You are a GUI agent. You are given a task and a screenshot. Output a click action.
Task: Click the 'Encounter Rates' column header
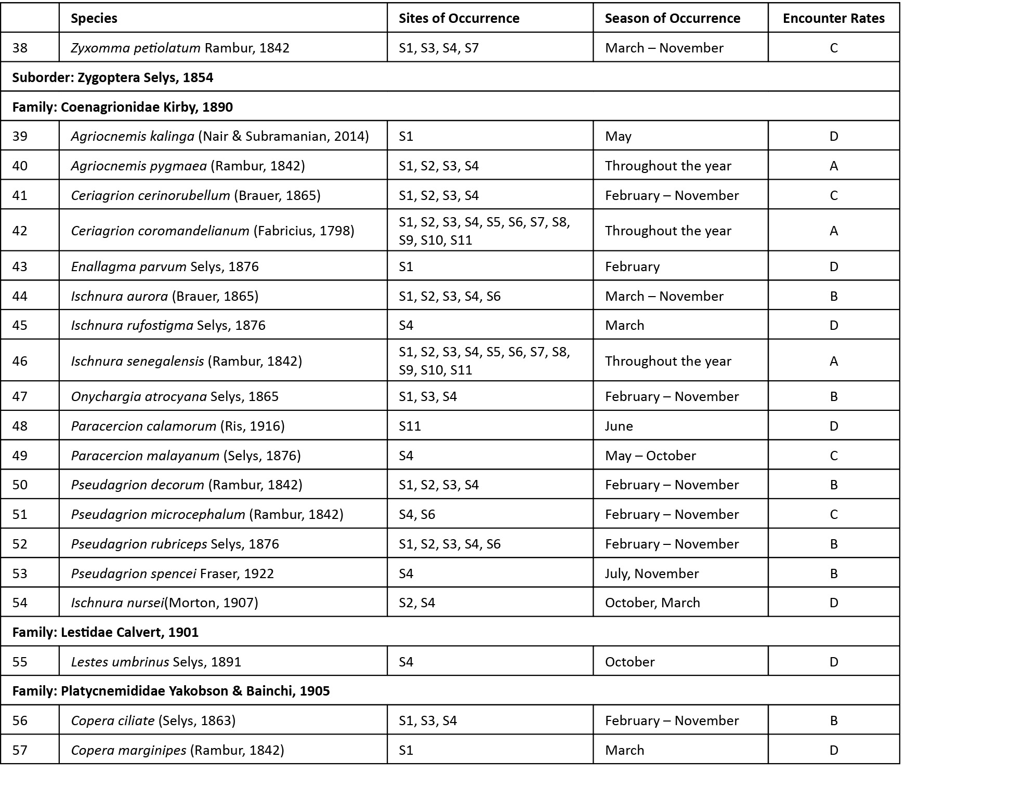833,18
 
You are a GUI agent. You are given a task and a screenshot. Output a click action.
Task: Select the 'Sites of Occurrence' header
458,18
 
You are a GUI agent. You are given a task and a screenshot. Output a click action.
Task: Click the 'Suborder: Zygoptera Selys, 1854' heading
113,77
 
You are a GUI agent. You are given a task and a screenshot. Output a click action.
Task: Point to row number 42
20,231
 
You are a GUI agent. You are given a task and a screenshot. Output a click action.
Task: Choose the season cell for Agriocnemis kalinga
618,136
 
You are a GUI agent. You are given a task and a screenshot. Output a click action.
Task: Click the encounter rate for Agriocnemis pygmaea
833,166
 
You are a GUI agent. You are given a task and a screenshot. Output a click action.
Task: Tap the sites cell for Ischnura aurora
450,296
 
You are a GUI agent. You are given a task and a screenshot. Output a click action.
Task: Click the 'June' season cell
619,426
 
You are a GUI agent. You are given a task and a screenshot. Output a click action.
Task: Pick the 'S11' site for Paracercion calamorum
410,426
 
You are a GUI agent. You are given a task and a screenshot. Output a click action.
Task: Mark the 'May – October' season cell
650,456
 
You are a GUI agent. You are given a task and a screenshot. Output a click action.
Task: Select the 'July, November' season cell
651,573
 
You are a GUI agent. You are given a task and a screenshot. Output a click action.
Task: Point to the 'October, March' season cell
652,603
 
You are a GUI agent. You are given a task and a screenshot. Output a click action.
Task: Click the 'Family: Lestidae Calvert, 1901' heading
106,632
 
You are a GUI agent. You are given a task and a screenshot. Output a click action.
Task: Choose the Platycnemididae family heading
171,691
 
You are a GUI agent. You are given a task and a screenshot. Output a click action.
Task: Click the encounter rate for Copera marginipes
833,750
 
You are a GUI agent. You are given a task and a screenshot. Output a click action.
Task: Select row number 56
20,720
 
